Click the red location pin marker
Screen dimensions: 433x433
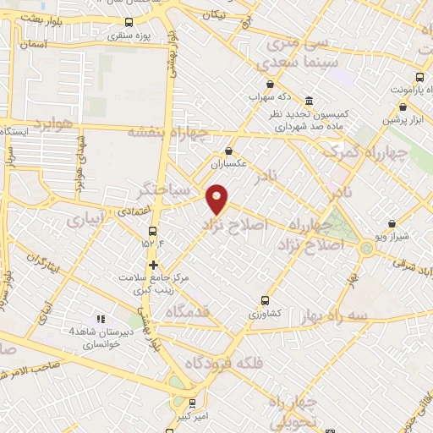[x=217, y=199]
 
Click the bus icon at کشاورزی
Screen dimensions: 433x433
[x=266, y=299]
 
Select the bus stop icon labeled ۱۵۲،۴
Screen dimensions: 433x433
[x=153, y=231]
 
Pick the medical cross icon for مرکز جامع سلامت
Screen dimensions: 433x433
[x=153, y=265]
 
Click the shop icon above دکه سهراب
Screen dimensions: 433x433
[x=270, y=84]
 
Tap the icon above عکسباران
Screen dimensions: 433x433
[x=228, y=151]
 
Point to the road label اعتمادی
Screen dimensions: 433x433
[x=131, y=206]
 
